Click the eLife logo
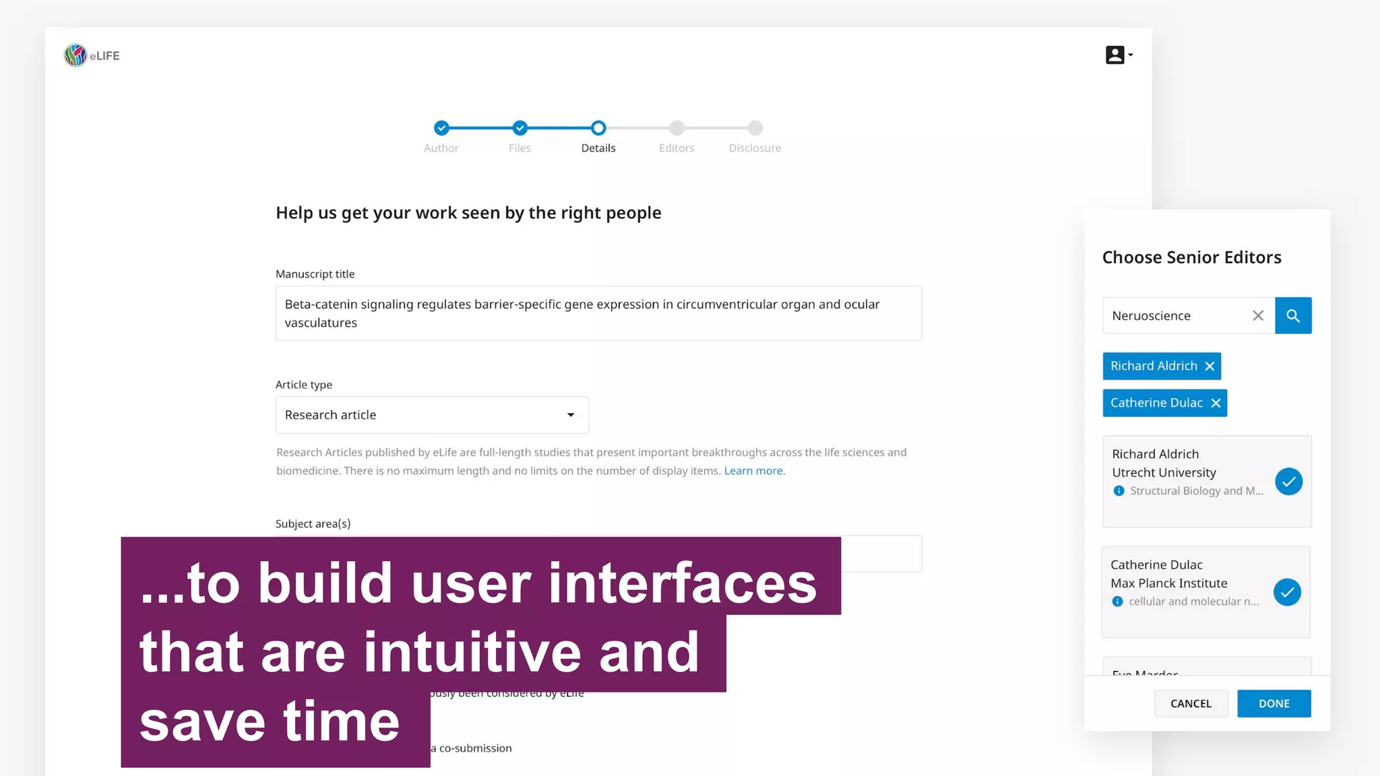pyautogui.click(x=91, y=55)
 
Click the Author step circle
pyautogui.click(x=441, y=128)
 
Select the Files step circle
pyautogui.click(x=520, y=128)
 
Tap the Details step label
pyautogui.click(x=598, y=148)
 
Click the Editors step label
pyautogui.click(x=677, y=148)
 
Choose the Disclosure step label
pyautogui.click(x=755, y=148)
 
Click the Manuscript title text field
pyautogui.click(x=598, y=313)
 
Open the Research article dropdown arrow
pyautogui.click(x=571, y=415)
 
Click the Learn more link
pyautogui.click(x=753, y=471)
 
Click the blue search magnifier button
pyautogui.click(x=1293, y=315)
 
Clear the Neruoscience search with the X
pyautogui.click(x=1258, y=315)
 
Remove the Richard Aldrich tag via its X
pyautogui.click(x=1210, y=366)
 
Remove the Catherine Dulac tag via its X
pyautogui.click(x=1216, y=403)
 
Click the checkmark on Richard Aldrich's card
pyautogui.click(x=1288, y=482)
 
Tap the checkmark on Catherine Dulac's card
pyautogui.click(x=1287, y=592)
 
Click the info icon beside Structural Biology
pyautogui.click(x=1119, y=491)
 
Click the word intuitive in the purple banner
pyautogui.click(x=472, y=652)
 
